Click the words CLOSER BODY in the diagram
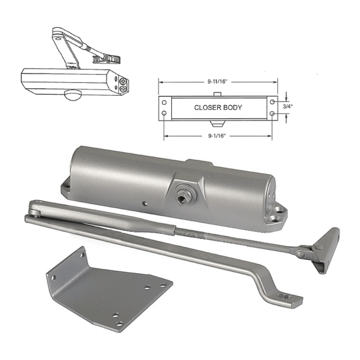click(x=218, y=107)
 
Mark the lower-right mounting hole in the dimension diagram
click(x=271, y=114)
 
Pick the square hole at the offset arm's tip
click(x=285, y=296)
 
